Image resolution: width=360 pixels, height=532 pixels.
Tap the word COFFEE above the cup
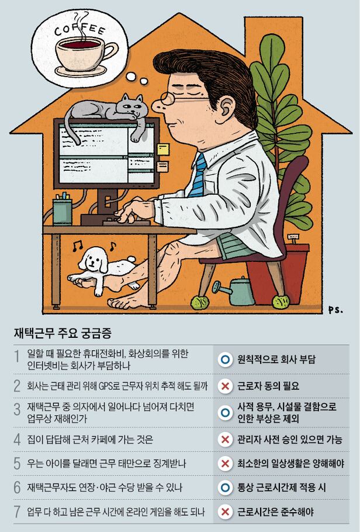(x=80, y=29)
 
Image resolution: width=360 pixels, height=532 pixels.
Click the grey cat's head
(x=133, y=106)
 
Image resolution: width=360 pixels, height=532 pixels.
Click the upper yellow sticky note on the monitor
(x=163, y=149)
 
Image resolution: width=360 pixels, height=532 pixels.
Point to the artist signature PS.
(x=335, y=309)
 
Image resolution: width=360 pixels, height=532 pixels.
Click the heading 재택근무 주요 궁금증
(x=63, y=333)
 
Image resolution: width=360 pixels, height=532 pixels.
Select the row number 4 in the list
(x=18, y=440)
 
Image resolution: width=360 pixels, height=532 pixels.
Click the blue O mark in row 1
(x=224, y=360)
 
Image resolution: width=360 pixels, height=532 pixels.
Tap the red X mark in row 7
(x=224, y=512)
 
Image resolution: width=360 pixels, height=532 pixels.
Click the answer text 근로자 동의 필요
(x=268, y=386)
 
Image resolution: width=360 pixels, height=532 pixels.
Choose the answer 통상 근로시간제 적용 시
(x=281, y=488)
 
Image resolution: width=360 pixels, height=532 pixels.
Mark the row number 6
(x=18, y=488)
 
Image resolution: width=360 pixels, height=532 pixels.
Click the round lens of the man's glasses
(x=167, y=98)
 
